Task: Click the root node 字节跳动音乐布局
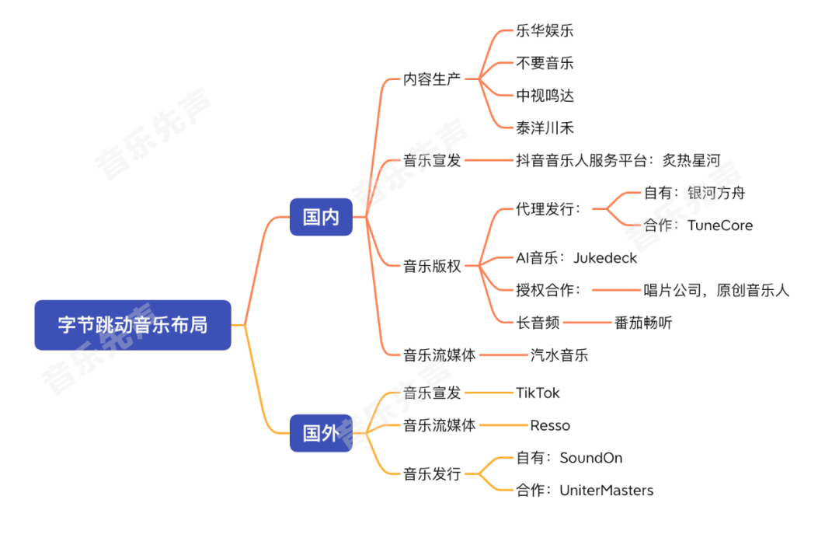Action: (133, 325)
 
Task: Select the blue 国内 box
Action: (321, 218)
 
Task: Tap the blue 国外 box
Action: (321, 433)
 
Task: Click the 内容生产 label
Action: (432, 79)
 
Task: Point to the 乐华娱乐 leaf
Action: (545, 31)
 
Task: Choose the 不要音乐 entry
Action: (545, 63)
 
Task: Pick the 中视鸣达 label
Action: (545, 96)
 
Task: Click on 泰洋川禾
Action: (545, 128)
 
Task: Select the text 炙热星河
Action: (691, 161)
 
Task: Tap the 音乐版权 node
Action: (432, 267)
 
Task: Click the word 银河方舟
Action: (716, 193)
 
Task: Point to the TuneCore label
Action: (720, 225)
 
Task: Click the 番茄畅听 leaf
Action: (643, 323)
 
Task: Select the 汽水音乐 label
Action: (559, 355)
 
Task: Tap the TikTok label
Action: (538, 393)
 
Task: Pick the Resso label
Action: (550, 425)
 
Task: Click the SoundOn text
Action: (591, 458)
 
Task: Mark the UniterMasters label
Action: (607, 491)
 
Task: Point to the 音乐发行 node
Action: (432, 473)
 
